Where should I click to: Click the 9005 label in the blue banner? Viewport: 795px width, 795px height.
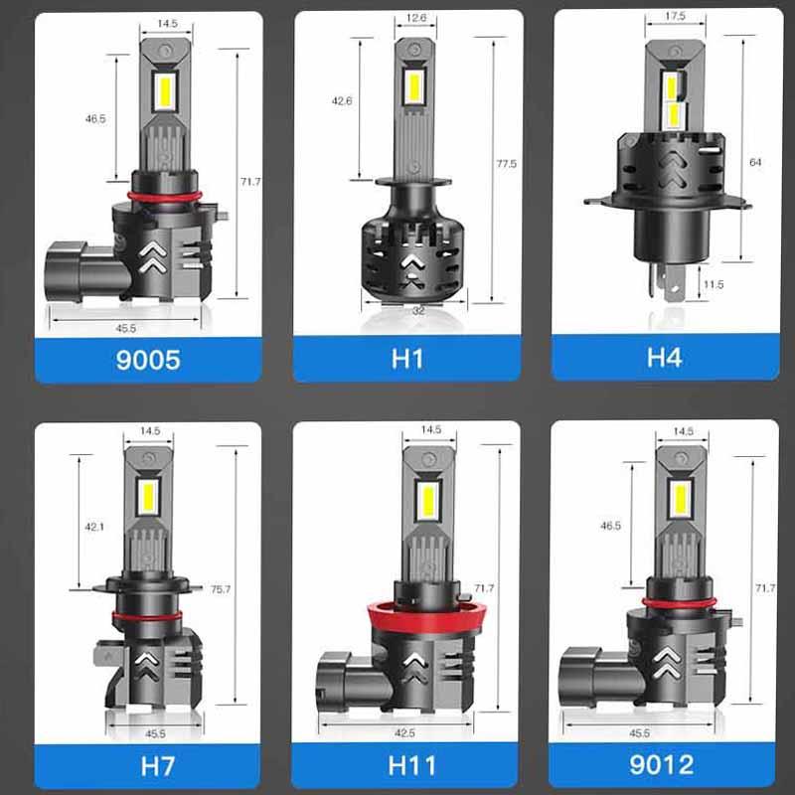(148, 360)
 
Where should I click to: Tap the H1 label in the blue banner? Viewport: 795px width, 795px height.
(407, 359)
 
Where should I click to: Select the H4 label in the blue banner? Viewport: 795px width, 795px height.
(664, 357)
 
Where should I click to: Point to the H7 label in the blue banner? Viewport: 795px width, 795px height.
(158, 766)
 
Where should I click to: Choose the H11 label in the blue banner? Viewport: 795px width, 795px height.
(411, 765)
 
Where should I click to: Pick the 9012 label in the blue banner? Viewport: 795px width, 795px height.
(661, 764)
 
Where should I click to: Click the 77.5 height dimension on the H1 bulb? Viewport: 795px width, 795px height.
(506, 164)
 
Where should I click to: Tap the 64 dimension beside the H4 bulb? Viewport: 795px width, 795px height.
(755, 162)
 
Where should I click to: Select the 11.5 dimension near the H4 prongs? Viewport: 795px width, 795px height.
(714, 284)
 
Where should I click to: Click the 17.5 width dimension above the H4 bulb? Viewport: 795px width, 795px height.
(675, 16)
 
